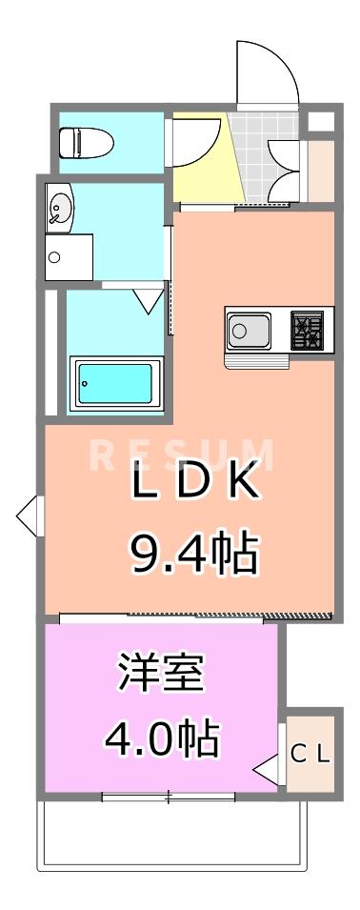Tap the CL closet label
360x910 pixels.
pos(310,755)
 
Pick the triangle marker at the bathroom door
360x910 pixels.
pos(148,301)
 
